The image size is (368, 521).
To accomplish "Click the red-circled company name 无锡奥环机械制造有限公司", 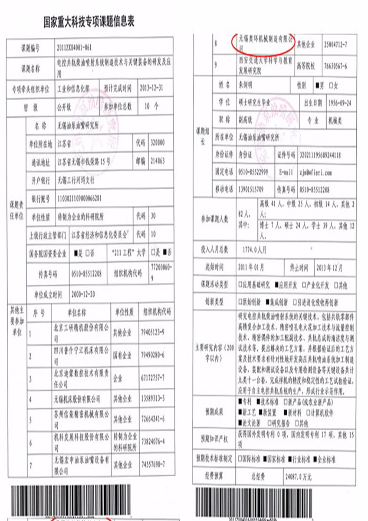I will coord(263,42).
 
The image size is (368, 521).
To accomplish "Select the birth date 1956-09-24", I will coord(340,103).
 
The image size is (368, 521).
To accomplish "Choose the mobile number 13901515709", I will coord(251,190).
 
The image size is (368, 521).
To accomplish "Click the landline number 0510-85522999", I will coord(253,172).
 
